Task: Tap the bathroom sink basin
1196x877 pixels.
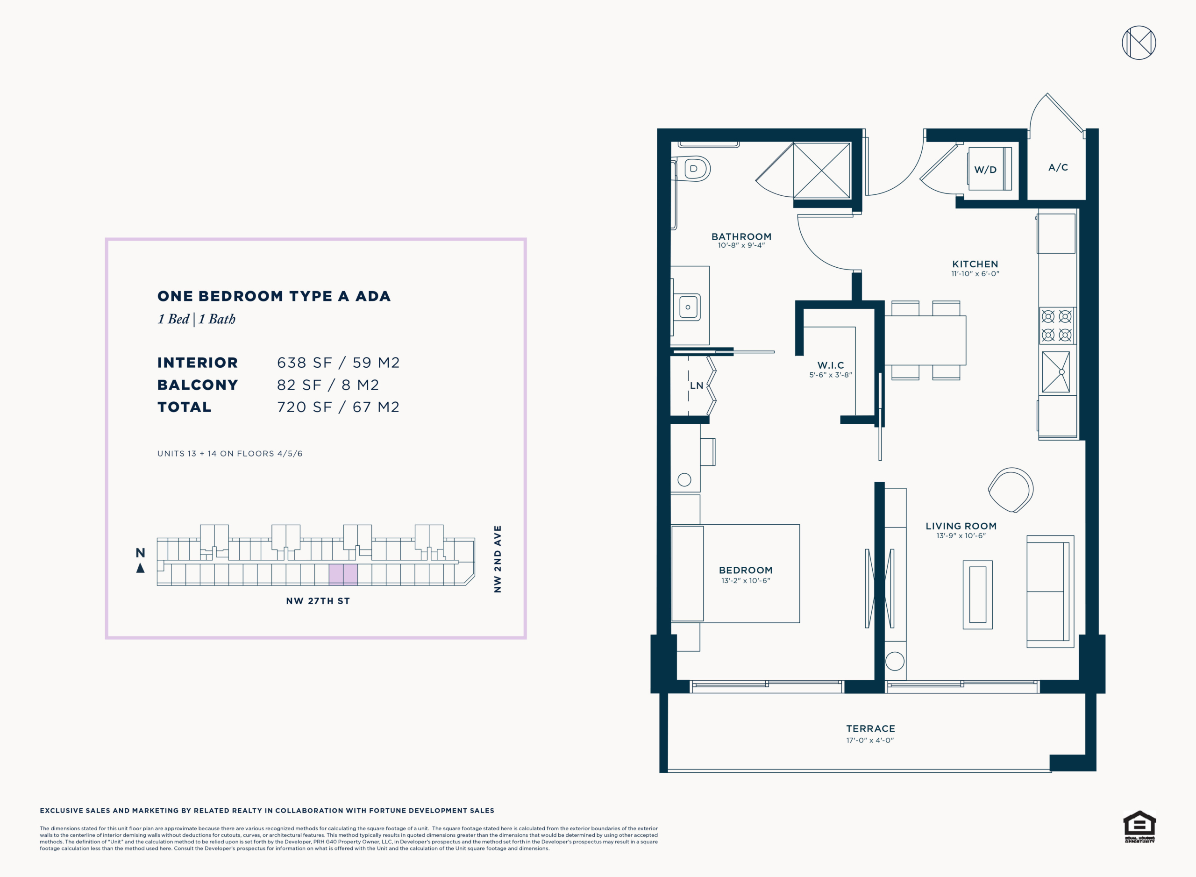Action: pos(688,307)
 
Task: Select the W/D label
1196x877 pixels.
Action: pos(985,170)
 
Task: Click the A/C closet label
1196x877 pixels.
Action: pos(1058,167)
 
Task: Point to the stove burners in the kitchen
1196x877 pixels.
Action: pos(1056,325)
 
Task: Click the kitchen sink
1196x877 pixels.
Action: pos(1055,372)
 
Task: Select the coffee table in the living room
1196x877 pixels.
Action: pos(977,595)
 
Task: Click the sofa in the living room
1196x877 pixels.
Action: pos(1050,592)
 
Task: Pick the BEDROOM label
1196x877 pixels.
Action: pos(745,570)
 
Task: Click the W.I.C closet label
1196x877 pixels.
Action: pos(830,365)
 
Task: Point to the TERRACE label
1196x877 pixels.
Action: pos(870,729)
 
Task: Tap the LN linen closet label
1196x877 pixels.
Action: pos(697,386)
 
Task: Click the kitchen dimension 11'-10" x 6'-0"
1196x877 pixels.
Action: pos(975,274)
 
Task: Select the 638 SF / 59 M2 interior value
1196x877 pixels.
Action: pos(338,363)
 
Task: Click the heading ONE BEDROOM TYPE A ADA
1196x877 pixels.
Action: pos(274,296)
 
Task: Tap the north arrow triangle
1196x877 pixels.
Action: pos(140,568)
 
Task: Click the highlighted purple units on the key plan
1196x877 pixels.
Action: pos(343,574)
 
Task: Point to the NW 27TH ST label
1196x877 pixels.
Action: pos(318,601)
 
